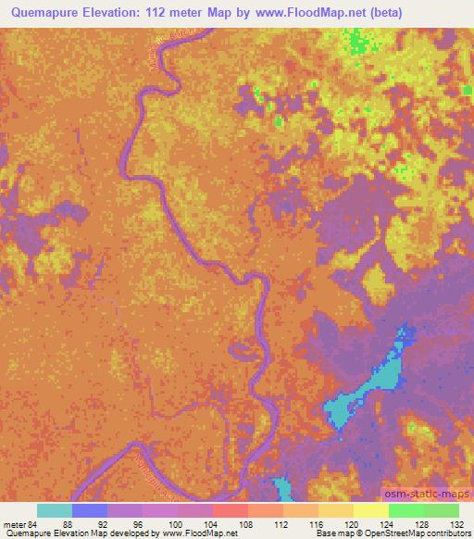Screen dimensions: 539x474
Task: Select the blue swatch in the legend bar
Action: point(90,510)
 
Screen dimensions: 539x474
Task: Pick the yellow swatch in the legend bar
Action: point(370,510)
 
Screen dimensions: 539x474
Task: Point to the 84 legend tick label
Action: point(35,523)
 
